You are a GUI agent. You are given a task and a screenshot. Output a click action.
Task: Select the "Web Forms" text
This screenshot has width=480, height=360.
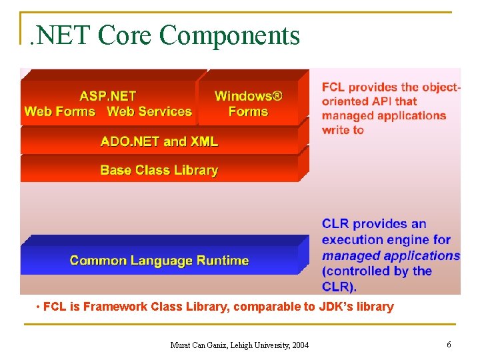pyautogui.click(x=60, y=111)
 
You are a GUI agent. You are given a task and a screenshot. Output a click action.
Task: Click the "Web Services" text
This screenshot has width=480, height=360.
pyautogui.click(x=149, y=111)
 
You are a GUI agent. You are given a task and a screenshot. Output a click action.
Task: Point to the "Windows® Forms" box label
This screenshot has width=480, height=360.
pyautogui.click(x=248, y=103)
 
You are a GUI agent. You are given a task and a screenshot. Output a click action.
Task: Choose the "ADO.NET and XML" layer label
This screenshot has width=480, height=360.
pyautogui.click(x=159, y=141)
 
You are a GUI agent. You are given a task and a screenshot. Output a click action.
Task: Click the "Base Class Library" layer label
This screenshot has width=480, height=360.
pyautogui.click(x=159, y=170)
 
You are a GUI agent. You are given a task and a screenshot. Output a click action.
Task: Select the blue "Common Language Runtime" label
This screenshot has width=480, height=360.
pyautogui.click(x=159, y=260)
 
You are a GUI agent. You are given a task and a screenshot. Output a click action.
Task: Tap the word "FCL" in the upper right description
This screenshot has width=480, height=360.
pyautogui.click(x=333, y=87)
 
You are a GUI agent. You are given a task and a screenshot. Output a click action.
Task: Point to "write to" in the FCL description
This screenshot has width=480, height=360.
pyautogui.click(x=343, y=130)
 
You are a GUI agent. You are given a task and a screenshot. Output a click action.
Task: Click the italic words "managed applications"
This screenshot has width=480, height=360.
pyautogui.click(x=391, y=255)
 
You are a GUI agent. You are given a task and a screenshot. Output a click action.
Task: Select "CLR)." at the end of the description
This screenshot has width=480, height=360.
pyautogui.click(x=339, y=287)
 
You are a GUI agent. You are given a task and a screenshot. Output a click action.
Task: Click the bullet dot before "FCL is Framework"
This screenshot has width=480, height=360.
pyautogui.click(x=39, y=307)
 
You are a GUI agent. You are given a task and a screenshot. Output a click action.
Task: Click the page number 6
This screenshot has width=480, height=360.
pyautogui.click(x=449, y=344)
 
